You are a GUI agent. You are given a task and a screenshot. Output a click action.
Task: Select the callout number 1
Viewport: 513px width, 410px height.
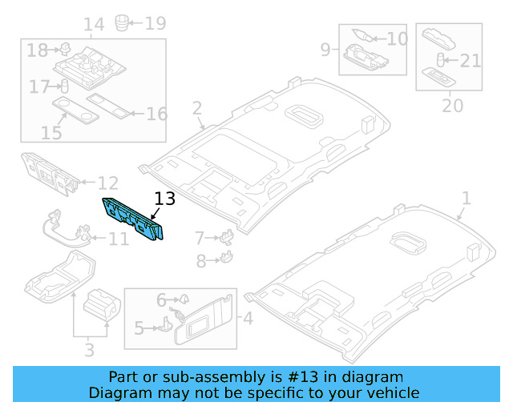tap(467, 198)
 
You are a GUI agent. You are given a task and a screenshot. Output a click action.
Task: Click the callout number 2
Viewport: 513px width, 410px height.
tap(197, 108)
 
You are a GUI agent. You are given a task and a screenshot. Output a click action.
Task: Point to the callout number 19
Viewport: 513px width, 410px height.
tap(155, 22)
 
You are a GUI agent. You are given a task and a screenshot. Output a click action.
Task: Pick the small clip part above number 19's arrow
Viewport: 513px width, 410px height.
tap(123, 20)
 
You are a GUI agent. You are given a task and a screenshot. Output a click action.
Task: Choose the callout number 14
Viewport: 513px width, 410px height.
tap(94, 25)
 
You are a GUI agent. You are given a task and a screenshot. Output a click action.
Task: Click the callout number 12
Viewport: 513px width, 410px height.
tap(107, 184)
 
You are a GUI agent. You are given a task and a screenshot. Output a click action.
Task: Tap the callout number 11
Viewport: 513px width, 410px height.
tap(118, 239)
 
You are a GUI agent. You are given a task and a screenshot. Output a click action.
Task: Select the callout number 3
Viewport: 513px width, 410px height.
tap(89, 350)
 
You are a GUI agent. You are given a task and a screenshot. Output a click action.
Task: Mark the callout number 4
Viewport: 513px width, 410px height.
tap(248, 320)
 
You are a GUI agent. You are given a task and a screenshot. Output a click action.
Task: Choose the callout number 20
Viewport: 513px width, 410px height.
tap(453, 106)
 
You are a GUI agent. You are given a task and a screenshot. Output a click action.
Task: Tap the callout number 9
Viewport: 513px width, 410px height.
tap(326, 50)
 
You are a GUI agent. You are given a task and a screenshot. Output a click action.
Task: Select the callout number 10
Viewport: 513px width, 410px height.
tap(397, 38)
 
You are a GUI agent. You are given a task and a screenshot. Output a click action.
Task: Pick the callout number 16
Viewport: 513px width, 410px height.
tap(156, 113)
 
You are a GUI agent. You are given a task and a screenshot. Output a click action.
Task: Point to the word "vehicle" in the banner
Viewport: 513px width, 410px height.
tap(394, 392)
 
